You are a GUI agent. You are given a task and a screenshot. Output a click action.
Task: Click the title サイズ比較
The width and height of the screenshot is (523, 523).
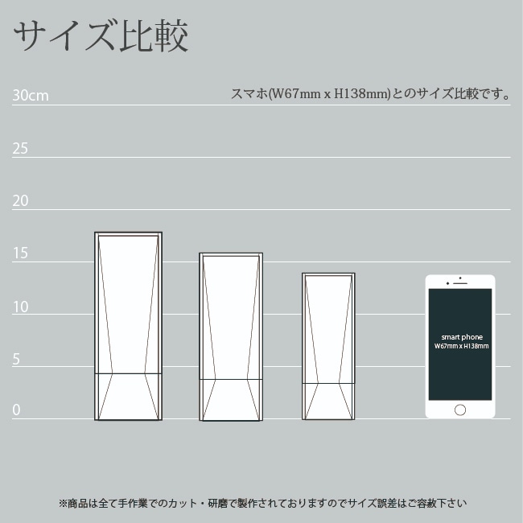101,35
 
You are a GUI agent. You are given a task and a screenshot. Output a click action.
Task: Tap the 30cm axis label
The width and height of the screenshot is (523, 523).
31,96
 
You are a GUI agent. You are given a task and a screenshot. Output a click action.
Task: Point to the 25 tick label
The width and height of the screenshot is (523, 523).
20,148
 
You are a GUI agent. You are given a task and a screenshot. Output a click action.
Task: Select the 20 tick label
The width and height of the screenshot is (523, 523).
20,201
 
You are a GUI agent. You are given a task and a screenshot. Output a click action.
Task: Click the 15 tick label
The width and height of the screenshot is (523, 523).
20,253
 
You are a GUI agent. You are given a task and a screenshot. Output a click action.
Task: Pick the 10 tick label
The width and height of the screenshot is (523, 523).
21,307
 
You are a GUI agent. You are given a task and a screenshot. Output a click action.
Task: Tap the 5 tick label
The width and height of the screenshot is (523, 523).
16,359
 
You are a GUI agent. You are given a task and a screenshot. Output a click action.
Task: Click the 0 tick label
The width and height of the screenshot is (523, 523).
16,410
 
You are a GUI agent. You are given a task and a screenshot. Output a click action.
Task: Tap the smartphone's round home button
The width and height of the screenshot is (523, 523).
460,410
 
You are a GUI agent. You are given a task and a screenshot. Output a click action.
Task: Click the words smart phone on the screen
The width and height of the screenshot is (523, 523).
462,337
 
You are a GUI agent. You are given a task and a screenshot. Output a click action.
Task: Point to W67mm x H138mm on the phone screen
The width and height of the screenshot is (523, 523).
462,346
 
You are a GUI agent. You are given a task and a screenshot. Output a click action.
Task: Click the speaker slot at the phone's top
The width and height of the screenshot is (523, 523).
460,283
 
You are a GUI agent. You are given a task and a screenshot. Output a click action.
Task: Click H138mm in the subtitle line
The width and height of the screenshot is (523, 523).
361,93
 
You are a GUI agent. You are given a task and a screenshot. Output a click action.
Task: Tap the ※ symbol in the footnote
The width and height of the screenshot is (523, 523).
63,503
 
